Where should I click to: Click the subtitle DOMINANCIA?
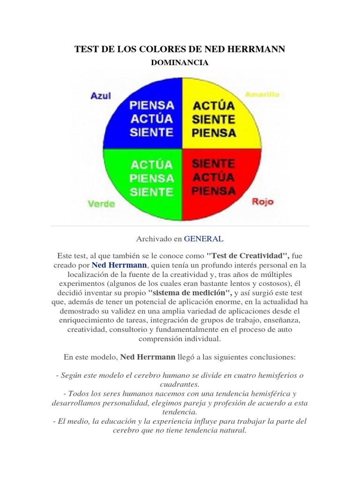[180, 62]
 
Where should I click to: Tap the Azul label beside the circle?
[100, 96]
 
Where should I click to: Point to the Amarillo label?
[262, 94]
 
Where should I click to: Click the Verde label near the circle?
[101, 204]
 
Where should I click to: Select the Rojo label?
[262, 202]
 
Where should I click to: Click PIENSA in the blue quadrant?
[151, 105]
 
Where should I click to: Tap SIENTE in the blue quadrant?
[151, 132]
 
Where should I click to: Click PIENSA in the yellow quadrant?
[213, 133]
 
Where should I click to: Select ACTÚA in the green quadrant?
[151, 165]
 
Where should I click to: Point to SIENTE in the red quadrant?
[213, 164]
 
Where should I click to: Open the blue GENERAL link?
[203, 239]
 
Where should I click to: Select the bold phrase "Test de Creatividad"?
[247, 255]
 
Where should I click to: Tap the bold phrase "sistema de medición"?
[165, 292]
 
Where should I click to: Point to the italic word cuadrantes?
[180, 384]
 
